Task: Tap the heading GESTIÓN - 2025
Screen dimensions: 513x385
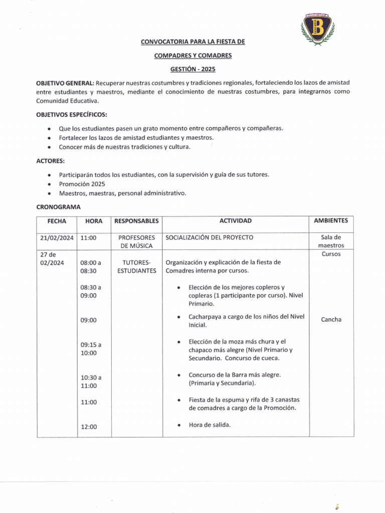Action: click(x=193, y=69)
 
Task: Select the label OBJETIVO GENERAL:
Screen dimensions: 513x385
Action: click(x=65, y=82)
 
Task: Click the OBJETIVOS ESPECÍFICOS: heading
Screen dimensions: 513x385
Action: click(x=71, y=114)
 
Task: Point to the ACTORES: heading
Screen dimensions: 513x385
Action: click(x=50, y=161)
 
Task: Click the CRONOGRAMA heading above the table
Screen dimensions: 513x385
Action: click(x=58, y=206)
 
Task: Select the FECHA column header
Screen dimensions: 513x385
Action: click(x=57, y=221)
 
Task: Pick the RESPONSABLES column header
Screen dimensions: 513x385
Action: click(x=136, y=221)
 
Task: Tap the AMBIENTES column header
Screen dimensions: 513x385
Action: click(x=331, y=221)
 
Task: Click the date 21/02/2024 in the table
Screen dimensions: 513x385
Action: click(x=57, y=238)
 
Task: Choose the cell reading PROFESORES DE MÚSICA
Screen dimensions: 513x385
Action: click(x=136, y=241)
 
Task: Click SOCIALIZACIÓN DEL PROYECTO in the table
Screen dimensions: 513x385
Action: click(x=210, y=237)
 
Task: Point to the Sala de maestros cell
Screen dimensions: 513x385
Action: click(x=331, y=241)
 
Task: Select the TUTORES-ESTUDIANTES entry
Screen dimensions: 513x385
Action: click(x=136, y=267)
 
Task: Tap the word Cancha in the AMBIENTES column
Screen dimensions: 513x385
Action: click(x=331, y=320)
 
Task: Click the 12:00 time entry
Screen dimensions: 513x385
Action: click(x=89, y=427)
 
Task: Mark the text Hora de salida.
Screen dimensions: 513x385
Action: click(x=210, y=425)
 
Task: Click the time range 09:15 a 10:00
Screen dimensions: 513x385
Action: click(x=91, y=349)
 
